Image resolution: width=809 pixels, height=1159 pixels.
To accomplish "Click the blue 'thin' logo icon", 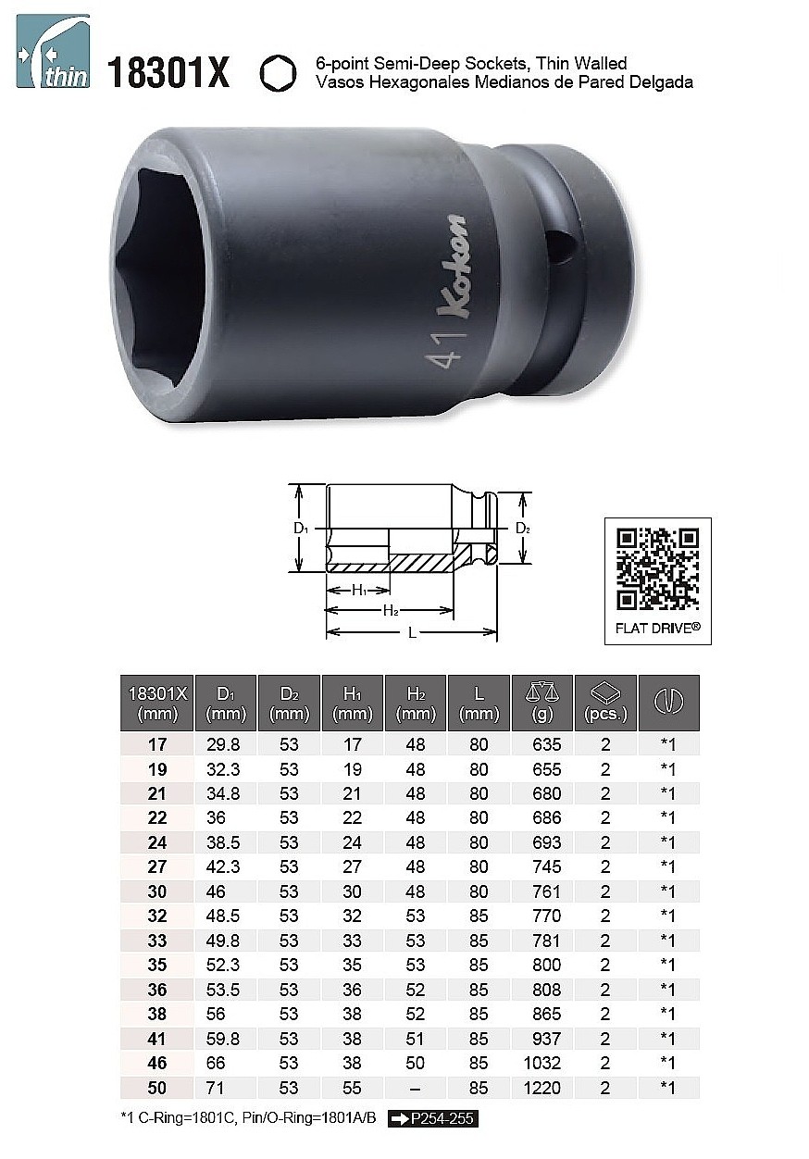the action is click(x=54, y=51).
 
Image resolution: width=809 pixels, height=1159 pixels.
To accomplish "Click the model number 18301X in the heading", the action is click(x=168, y=73).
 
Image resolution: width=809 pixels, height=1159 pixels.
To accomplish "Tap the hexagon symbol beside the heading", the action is click(x=279, y=73).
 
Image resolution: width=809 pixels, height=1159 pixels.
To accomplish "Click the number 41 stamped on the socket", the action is click(x=443, y=352).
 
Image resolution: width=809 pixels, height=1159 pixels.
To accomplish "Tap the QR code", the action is click(x=657, y=568).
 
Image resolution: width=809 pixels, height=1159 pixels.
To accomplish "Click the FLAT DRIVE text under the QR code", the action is click(x=657, y=629).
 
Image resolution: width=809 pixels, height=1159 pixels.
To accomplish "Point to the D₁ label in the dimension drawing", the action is click(x=301, y=529).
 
